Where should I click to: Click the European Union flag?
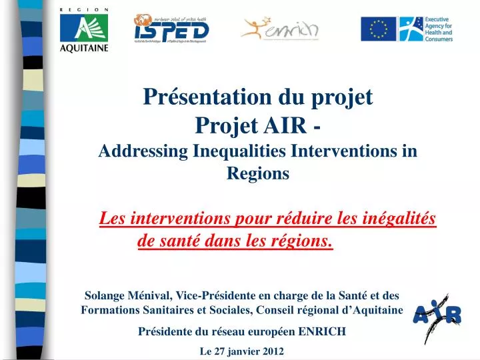tap(379, 29)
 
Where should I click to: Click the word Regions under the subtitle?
tap(258, 174)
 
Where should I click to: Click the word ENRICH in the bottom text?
tap(322, 331)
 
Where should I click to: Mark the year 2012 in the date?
tap(273, 351)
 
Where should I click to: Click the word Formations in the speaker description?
tap(105, 311)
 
